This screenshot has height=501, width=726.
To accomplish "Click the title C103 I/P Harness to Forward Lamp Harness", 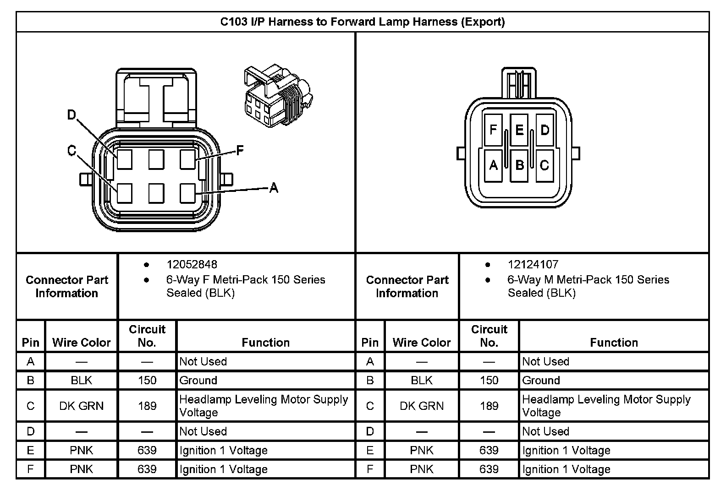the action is coord(362,22).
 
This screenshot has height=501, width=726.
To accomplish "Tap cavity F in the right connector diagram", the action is coord(493,130).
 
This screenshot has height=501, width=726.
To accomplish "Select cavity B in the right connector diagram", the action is coord(519,165).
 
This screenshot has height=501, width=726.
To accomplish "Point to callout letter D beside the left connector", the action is coord(71,115).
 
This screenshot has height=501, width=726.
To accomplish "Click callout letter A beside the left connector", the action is coord(274,187).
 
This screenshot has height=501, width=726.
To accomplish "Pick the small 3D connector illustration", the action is coord(277,97).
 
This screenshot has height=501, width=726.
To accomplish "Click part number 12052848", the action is coord(192,265).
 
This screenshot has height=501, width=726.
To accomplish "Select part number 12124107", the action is coord(533,265).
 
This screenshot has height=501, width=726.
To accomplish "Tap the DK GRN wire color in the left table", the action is coord(82,406).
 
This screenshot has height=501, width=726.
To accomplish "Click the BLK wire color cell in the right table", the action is coord(422,381).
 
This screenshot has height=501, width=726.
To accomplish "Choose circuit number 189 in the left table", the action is coord(147,406).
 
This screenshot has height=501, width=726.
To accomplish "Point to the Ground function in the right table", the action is coord(541,381).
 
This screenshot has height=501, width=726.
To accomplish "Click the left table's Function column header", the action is coord(265,343).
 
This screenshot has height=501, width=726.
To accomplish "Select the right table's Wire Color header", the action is coord(422,343).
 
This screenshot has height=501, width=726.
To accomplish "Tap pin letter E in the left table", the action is coord(31,451).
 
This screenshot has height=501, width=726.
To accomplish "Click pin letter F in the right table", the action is coord(370,469).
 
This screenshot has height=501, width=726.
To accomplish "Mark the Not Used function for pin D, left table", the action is coord(203,431).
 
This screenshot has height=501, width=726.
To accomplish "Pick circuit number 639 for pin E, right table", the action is coord(489,451).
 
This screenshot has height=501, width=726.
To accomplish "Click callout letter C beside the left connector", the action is coord(71,151).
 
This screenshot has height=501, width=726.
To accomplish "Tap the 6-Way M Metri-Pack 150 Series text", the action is coord(588,280).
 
